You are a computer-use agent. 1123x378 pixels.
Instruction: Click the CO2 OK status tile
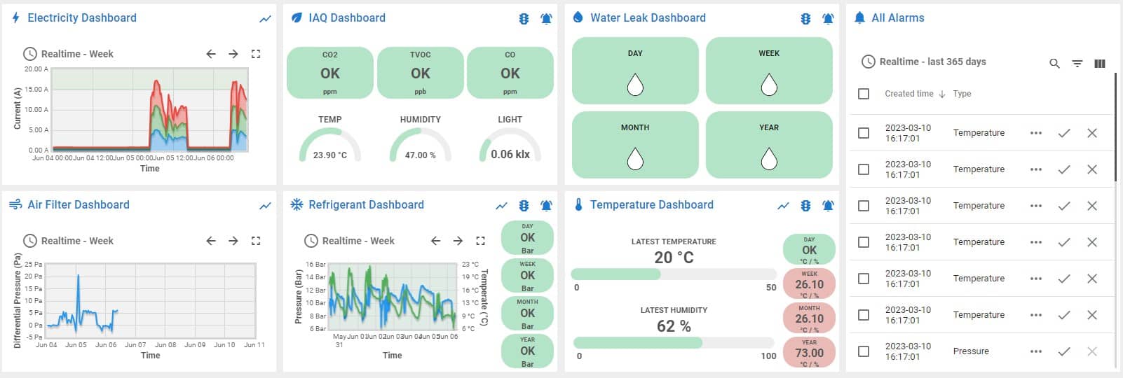329,73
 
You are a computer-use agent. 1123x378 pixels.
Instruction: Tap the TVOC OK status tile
420,73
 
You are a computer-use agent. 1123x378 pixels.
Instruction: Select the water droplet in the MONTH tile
635,159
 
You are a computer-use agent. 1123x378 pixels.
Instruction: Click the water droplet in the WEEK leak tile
769,85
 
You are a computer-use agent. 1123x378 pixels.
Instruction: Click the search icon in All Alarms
1054,63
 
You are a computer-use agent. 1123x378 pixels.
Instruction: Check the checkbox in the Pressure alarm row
864,351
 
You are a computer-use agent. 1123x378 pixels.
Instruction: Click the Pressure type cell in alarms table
971,351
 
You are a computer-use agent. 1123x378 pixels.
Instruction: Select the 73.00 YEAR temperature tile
809,352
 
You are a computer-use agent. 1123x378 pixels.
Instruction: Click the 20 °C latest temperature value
674,258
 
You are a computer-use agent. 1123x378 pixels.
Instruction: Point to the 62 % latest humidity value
674,326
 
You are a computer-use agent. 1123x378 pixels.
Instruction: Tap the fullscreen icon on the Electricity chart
256,54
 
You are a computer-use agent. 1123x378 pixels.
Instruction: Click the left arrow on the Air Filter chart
211,241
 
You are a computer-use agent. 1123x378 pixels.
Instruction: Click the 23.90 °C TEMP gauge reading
329,155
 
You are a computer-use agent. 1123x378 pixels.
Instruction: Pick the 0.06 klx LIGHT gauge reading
510,154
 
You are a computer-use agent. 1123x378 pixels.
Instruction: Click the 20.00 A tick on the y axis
36,69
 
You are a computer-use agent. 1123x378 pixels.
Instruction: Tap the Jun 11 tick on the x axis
254,345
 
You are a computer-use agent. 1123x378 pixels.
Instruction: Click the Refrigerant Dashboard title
366,204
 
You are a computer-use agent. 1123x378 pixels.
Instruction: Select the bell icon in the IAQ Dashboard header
547,19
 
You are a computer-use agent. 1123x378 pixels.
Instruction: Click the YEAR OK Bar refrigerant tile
527,351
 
